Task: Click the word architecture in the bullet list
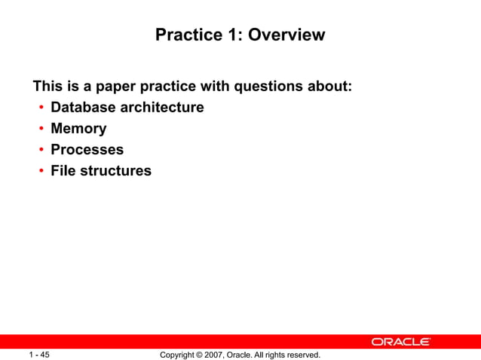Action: [x=164, y=107]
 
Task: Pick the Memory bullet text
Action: [x=78, y=128]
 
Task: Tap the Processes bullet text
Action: [x=87, y=149]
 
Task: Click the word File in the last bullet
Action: [x=63, y=170]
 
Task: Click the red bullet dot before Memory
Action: [x=41, y=129]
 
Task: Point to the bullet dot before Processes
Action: [x=41, y=150]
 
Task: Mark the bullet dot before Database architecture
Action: [x=41, y=108]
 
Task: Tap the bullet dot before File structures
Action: [x=41, y=171]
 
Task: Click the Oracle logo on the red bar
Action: [x=400, y=342]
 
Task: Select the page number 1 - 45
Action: [x=39, y=354]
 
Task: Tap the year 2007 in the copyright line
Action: [x=212, y=354]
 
